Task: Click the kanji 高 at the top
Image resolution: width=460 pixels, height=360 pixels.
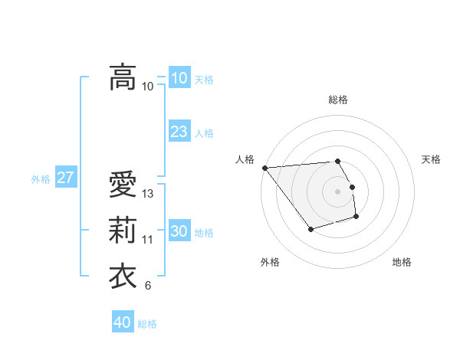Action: point(123,77)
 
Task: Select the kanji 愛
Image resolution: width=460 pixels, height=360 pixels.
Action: point(123,185)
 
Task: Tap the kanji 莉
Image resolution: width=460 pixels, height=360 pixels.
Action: point(123,231)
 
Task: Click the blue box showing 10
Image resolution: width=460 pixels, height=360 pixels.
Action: point(179,78)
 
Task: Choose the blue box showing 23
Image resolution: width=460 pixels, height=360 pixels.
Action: point(179,132)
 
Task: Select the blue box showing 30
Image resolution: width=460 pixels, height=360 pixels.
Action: point(179,231)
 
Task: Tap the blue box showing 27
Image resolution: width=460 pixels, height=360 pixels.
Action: point(65,178)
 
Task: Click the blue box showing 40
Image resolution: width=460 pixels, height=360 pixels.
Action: point(122,322)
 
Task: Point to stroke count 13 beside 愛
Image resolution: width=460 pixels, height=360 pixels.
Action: point(148,195)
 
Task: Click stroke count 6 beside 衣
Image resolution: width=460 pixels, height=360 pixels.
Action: point(148,286)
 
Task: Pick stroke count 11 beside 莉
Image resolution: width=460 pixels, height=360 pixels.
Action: point(148,241)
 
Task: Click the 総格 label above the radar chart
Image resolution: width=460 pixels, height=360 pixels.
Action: point(338,100)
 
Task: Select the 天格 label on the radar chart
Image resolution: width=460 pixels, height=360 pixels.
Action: point(432,159)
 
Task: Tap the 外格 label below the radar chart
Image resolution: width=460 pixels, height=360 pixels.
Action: point(270,262)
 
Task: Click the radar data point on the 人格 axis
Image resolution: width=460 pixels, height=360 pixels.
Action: point(264,168)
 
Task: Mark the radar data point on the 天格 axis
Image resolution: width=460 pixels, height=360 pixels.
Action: point(353,187)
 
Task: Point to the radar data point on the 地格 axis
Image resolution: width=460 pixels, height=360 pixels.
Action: point(356,217)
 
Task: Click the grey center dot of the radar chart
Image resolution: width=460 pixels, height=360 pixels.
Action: point(338,191)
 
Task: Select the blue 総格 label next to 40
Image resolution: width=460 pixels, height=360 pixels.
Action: point(147,324)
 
